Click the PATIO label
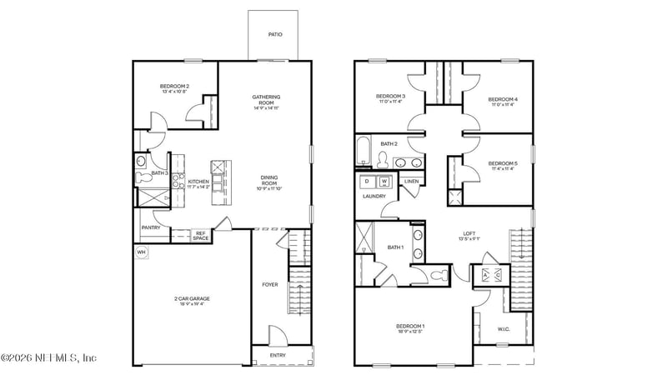pos(274,35)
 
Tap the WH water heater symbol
pos(141,252)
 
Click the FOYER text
pos(270,285)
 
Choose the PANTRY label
pos(151,227)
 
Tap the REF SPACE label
pos(200,236)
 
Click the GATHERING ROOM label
pos(266,99)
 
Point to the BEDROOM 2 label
pos(174,86)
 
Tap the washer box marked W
pos(384,181)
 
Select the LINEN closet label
pos(411,182)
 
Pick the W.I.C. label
pos(504,328)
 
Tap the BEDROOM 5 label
pos(503,163)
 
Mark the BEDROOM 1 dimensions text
pos(409,332)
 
